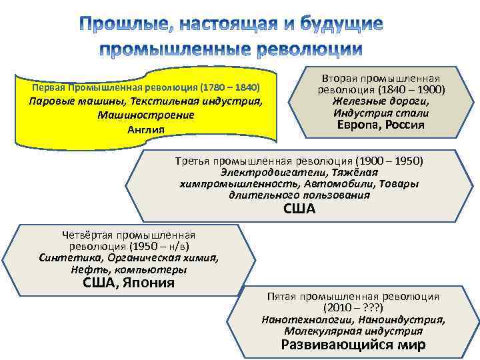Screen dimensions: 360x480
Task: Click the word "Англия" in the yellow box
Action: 145,129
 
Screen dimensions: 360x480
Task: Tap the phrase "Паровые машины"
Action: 74,102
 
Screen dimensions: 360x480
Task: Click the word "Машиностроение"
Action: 145,115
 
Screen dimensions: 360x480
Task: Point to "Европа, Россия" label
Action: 381,125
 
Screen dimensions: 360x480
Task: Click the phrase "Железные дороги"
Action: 381,101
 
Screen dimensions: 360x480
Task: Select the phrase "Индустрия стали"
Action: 381,113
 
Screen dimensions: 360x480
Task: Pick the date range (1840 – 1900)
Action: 412,90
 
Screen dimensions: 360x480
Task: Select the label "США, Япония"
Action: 129,283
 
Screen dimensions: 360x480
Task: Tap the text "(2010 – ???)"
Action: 353,308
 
